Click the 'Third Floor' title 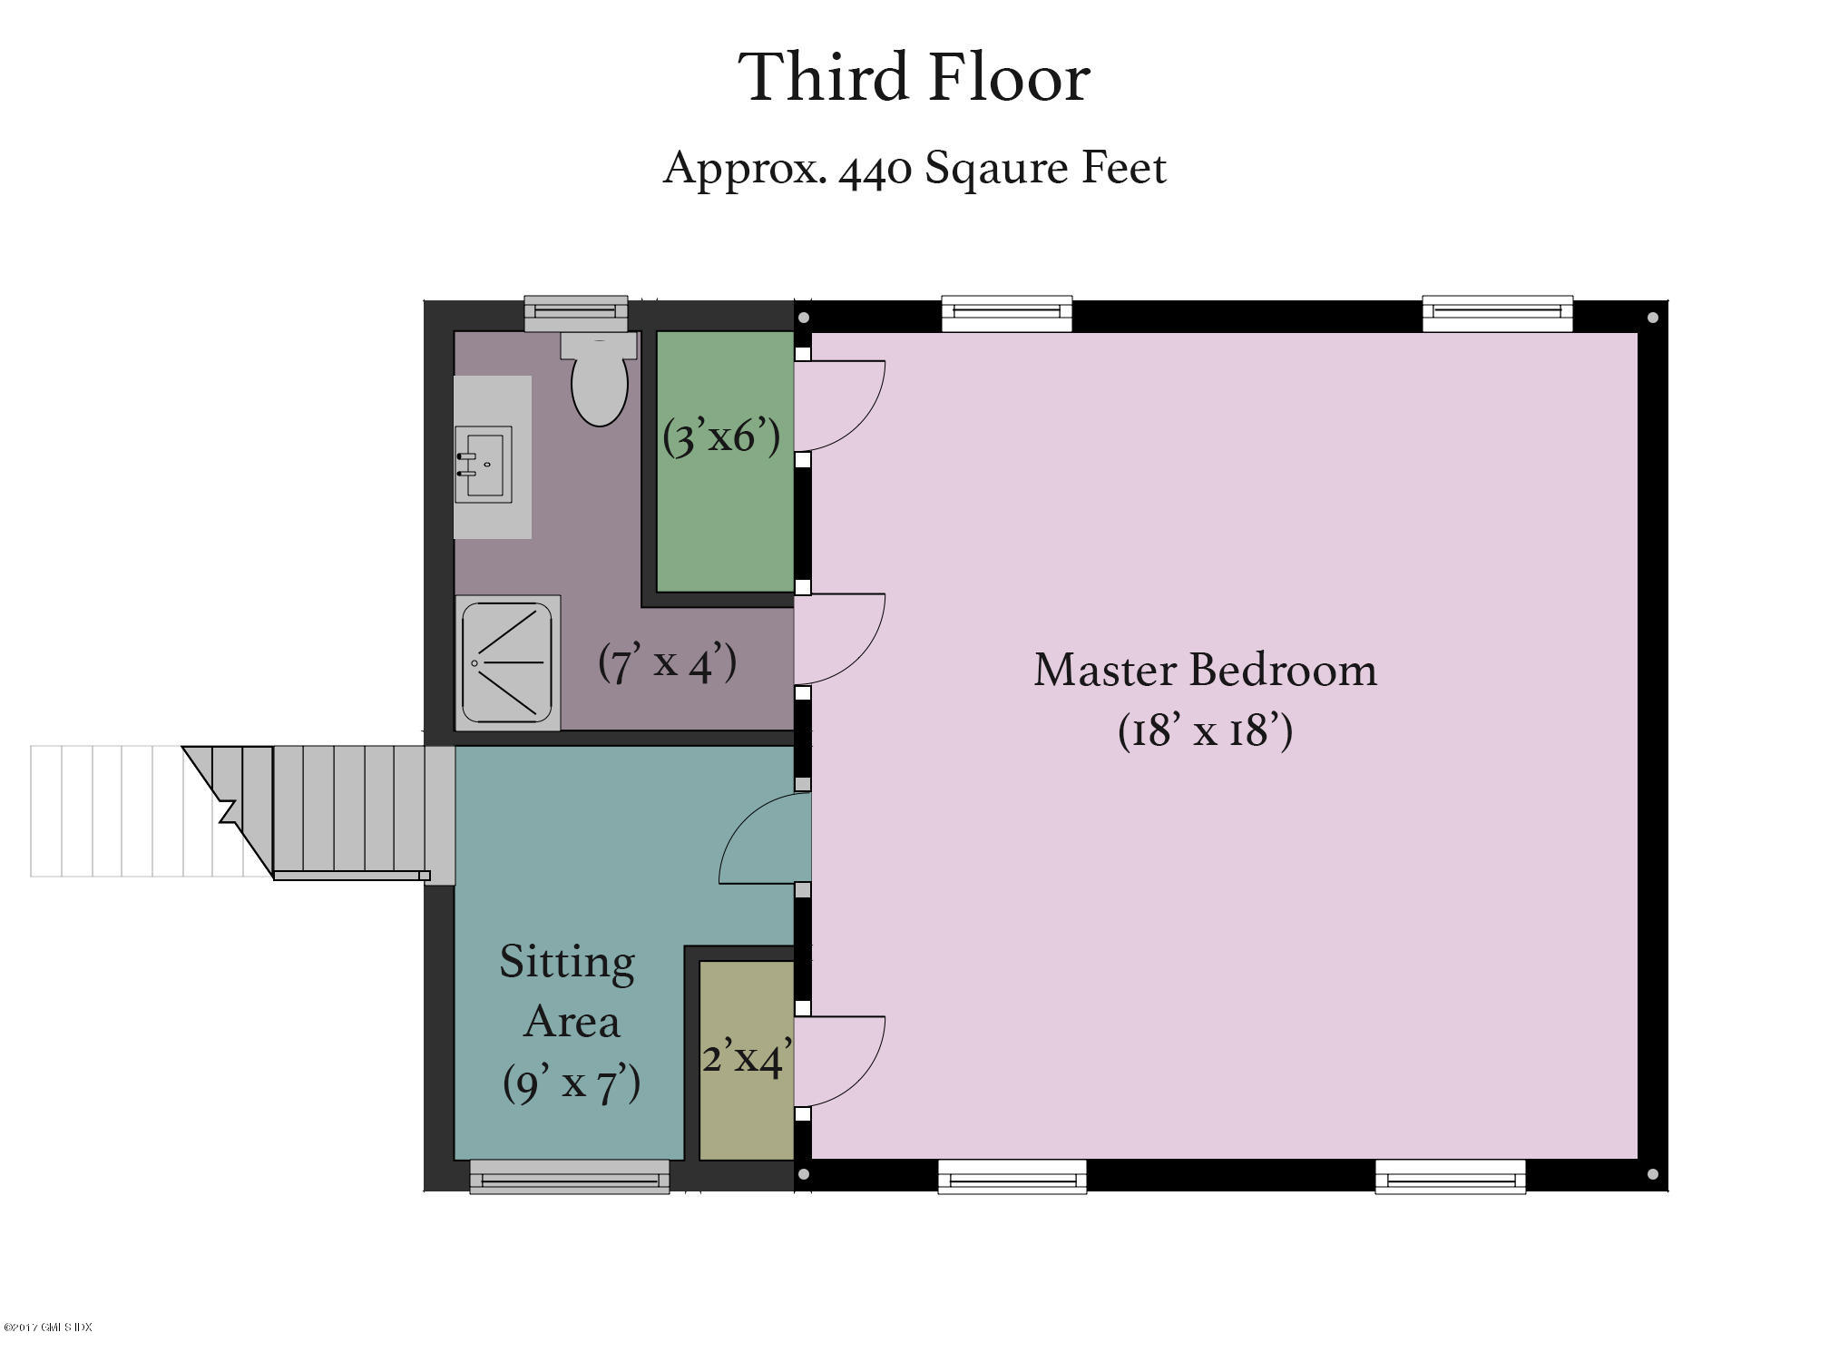tap(914, 78)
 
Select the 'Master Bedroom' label tap(1206, 671)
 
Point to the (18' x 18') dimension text tap(1206, 730)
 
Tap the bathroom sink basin tap(484, 464)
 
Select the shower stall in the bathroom tap(507, 662)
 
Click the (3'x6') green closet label tap(721, 437)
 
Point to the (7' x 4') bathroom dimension tap(668, 662)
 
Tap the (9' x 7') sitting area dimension tap(572, 1083)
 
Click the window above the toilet tap(576, 313)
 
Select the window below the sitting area tap(570, 1177)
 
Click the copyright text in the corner tap(48, 1328)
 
